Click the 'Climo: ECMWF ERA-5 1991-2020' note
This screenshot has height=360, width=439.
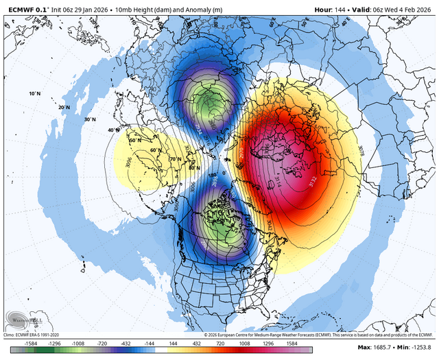click(x=38, y=335)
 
